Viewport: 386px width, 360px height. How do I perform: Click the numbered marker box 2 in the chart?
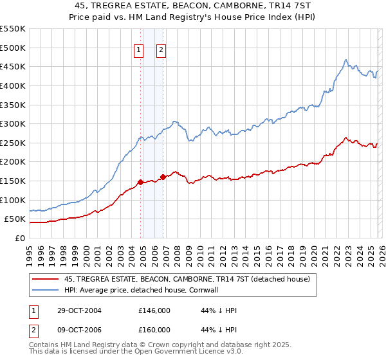click(x=161, y=51)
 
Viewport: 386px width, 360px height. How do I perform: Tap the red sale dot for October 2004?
click(x=140, y=183)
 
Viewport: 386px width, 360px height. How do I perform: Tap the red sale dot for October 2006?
click(x=163, y=177)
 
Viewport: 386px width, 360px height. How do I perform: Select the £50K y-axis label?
click(x=15, y=219)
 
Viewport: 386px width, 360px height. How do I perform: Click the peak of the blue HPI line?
click(x=345, y=60)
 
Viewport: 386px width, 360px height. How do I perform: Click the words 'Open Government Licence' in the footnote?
click(x=183, y=353)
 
